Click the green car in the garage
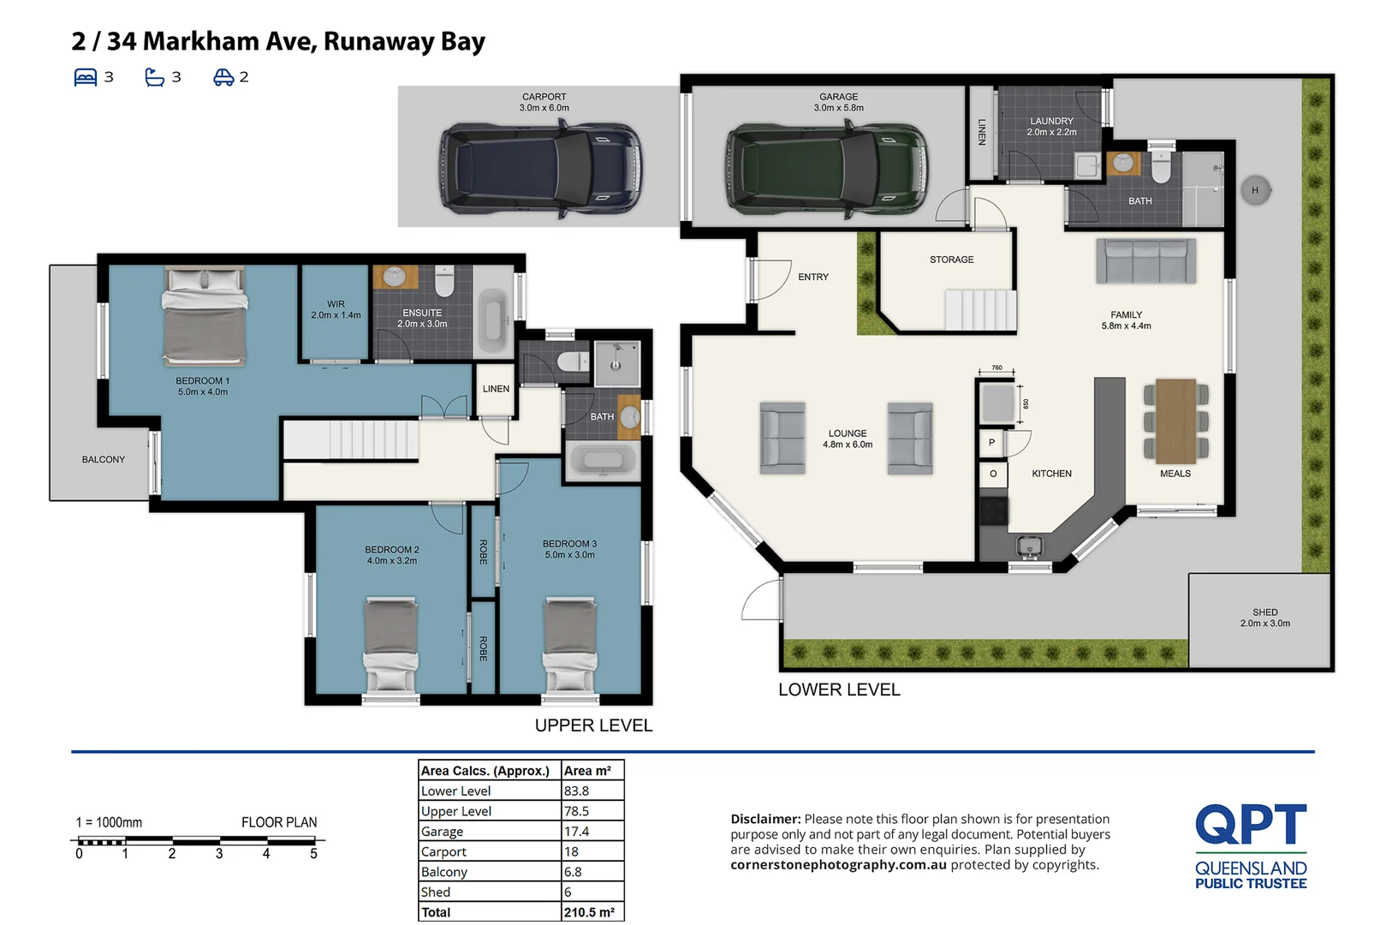826,168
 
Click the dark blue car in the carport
541,168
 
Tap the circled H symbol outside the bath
1255,190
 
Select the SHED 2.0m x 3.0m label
1264,618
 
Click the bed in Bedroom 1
205,317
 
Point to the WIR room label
336,309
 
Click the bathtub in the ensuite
492,321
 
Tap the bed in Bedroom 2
391,642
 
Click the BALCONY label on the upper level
103,460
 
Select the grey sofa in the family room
1145,261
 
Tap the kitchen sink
1029,545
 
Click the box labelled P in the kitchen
991,443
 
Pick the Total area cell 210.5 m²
590,912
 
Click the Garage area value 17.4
576,832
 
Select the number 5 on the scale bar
313,854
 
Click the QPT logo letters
1250,824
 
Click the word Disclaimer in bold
764,820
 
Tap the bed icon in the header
86,77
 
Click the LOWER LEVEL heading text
839,689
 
